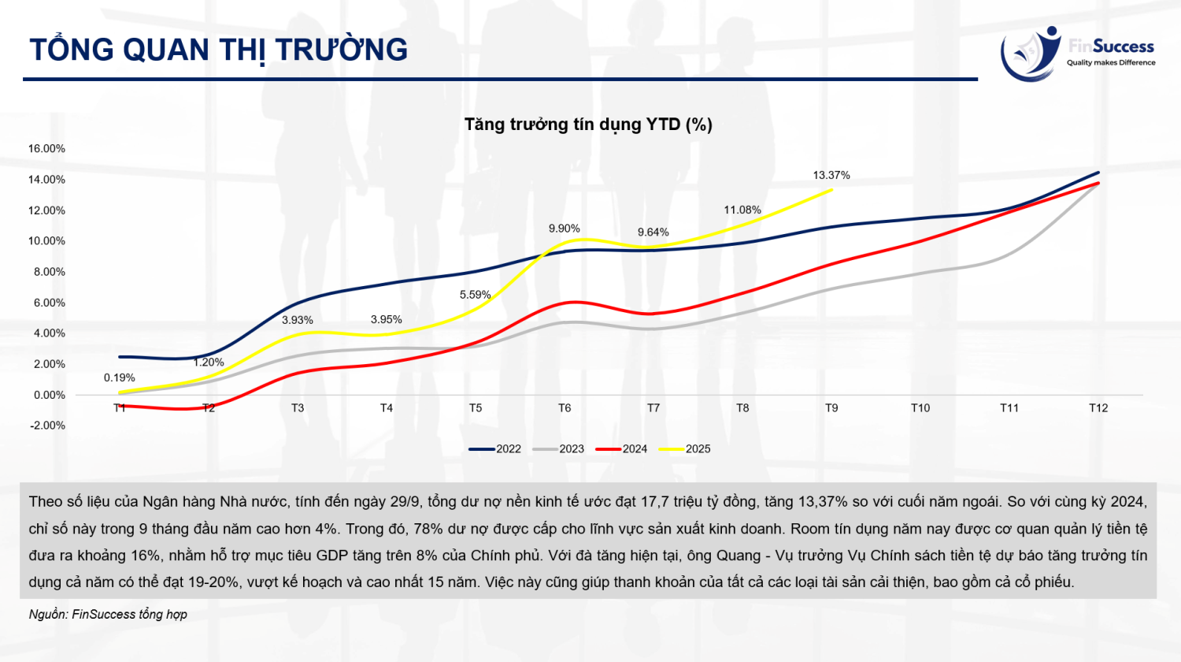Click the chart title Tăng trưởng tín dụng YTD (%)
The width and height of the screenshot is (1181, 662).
point(588,125)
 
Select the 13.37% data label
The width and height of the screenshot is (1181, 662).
point(831,175)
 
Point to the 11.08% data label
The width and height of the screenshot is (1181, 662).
point(742,210)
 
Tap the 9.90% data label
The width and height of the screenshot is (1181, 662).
point(565,229)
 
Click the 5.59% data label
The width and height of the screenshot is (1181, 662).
point(476,295)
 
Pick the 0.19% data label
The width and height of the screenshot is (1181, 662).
point(120,377)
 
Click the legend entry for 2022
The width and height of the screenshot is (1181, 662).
point(495,449)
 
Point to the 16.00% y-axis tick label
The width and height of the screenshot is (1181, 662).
point(47,148)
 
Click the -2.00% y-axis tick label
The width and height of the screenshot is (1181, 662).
point(47,426)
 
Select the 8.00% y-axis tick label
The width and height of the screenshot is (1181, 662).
point(47,272)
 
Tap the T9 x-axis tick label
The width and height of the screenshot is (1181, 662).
point(831,408)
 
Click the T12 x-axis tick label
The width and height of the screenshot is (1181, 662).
point(1098,408)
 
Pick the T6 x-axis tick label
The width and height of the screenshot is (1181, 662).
point(565,408)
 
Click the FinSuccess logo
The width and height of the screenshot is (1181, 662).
point(1076,54)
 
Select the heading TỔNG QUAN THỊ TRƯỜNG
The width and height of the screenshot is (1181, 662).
point(219,50)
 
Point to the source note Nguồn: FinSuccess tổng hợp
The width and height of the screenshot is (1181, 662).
point(108,614)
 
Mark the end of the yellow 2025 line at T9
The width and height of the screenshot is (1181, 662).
point(831,189)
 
